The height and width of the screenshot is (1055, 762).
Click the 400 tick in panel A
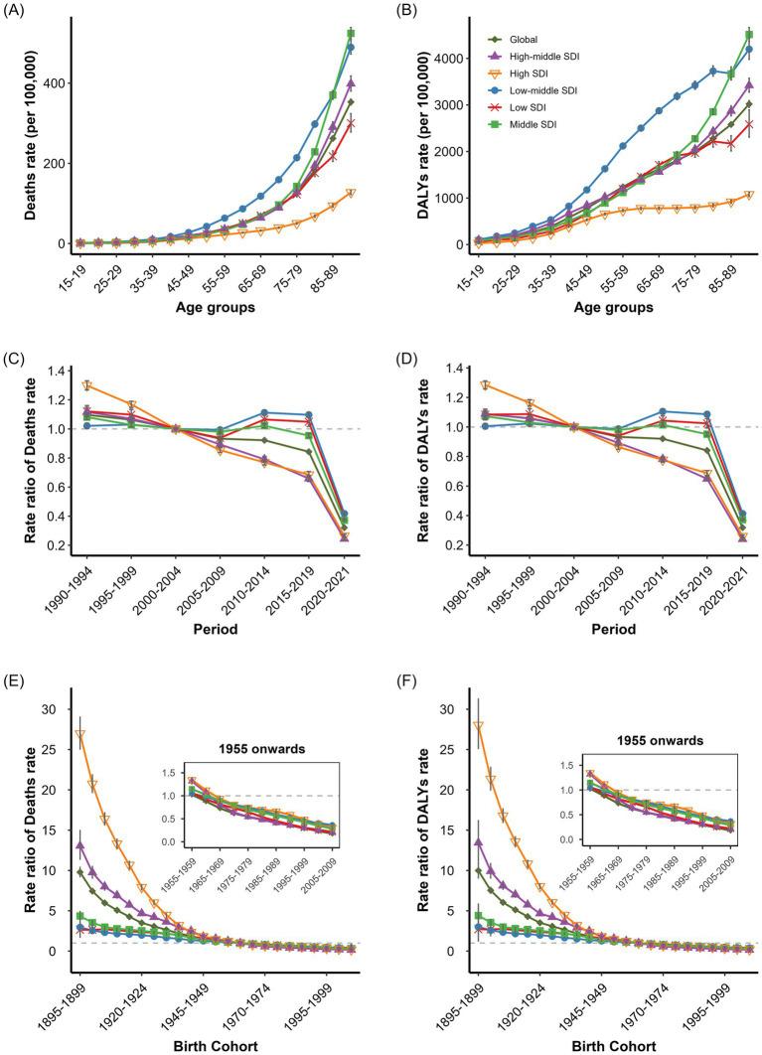(x=62, y=83)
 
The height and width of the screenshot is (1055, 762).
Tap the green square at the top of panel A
(x=351, y=34)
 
